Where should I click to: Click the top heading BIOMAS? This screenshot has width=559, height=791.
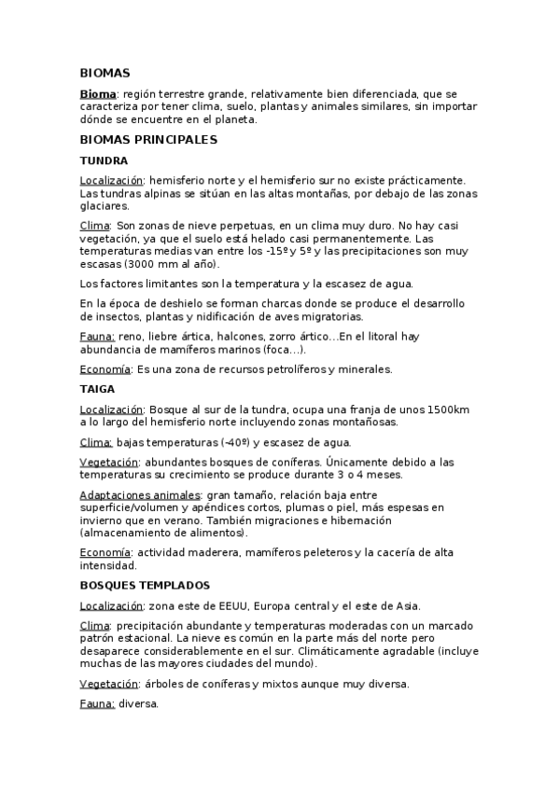pyautogui.click(x=105, y=73)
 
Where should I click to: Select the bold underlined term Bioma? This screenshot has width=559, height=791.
pyautogui.click(x=98, y=94)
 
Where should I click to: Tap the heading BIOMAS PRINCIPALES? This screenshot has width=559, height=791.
pyautogui.click(x=148, y=140)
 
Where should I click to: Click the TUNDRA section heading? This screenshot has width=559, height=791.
pyautogui.click(x=105, y=160)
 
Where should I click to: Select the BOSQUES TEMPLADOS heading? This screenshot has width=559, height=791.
pyautogui.click(x=145, y=585)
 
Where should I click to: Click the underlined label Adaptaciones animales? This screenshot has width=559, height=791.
pyautogui.click(x=140, y=494)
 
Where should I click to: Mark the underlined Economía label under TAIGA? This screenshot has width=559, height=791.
pyautogui.click(x=105, y=553)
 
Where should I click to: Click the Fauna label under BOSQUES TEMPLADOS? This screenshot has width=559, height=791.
pyautogui.click(x=97, y=704)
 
